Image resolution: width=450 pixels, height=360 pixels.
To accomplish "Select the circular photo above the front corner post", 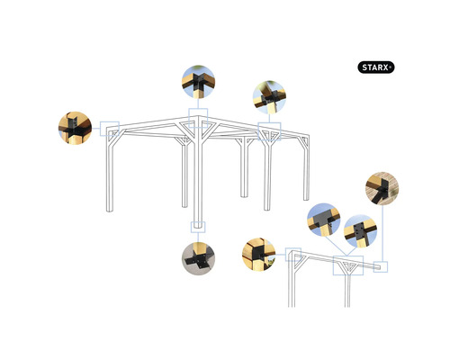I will point(198,82).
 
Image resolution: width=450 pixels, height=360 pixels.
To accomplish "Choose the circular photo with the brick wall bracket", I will point(382,189).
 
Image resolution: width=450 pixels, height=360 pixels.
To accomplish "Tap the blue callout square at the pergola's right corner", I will point(269,129).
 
